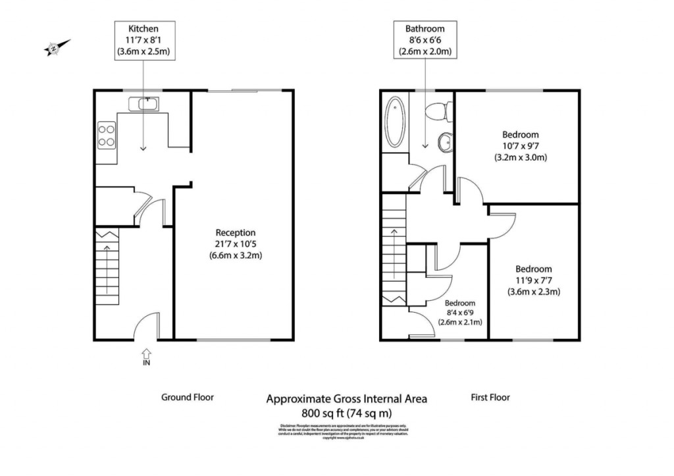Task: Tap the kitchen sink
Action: tap(143, 103)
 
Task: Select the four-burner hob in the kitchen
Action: tap(107, 135)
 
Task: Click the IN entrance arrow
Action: tap(145, 356)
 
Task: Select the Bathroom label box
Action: tap(425, 40)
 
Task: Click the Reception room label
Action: tap(235, 244)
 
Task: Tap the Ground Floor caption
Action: tap(188, 397)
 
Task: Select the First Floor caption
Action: tap(490, 397)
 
